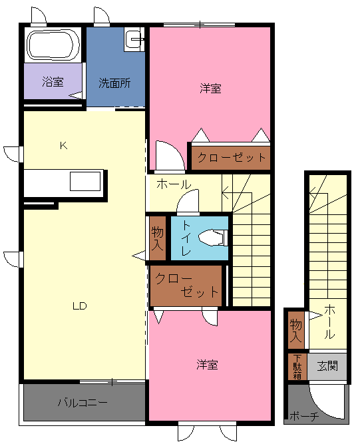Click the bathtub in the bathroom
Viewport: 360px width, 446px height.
[x=53, y=45]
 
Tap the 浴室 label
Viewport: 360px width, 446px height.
[x=53, y=82]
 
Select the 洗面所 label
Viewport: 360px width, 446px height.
[x=114, y=83]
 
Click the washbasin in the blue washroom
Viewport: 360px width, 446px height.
[x=134, y=39]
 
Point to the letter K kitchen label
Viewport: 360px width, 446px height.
[x=63, y=146]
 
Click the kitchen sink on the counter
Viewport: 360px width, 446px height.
[x=85, y=181]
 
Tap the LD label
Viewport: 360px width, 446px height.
[x=80, y=306]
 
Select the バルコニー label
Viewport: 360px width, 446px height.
[x=83, y=403]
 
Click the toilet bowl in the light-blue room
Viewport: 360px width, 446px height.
[x=213, y=237]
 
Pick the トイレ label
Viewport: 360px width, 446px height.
[x=186, y=238]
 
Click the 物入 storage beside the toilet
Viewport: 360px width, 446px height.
[x=158, y=238]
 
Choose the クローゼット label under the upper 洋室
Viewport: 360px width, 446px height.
[x=232, y=157]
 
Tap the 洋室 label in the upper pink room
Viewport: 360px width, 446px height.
[x=210, y=89]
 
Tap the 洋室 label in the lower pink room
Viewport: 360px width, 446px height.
[x=208, y=365]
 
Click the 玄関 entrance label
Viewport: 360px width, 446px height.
[x=327, y=366]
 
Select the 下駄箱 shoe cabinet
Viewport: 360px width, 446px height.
[x=297, y=367]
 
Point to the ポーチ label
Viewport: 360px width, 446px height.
[x=304, y=417]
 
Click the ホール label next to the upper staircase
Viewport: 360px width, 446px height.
[x=174, y=184]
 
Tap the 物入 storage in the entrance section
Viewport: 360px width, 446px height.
[x=295, y=330]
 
